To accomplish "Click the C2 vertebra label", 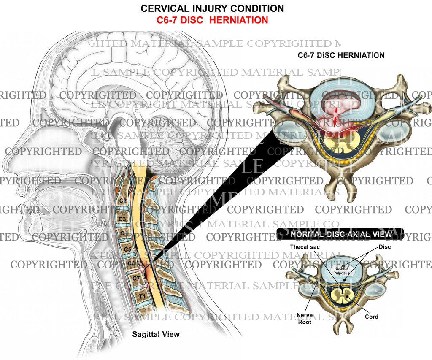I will [124, 200].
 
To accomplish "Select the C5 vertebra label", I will [126, 249].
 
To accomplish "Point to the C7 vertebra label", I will [136, 278].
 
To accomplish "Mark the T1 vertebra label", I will [142, 297].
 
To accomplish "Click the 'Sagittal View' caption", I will [156, 334].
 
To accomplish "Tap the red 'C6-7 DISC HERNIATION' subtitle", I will [212, 20].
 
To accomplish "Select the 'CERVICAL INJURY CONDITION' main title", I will [212, 8].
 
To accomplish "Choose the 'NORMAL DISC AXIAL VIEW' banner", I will [341, 233].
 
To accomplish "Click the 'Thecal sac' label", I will [304, 246].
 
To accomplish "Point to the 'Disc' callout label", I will [384, 246].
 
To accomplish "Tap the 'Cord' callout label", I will [372, 317].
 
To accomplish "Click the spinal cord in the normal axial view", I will [341, 294].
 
